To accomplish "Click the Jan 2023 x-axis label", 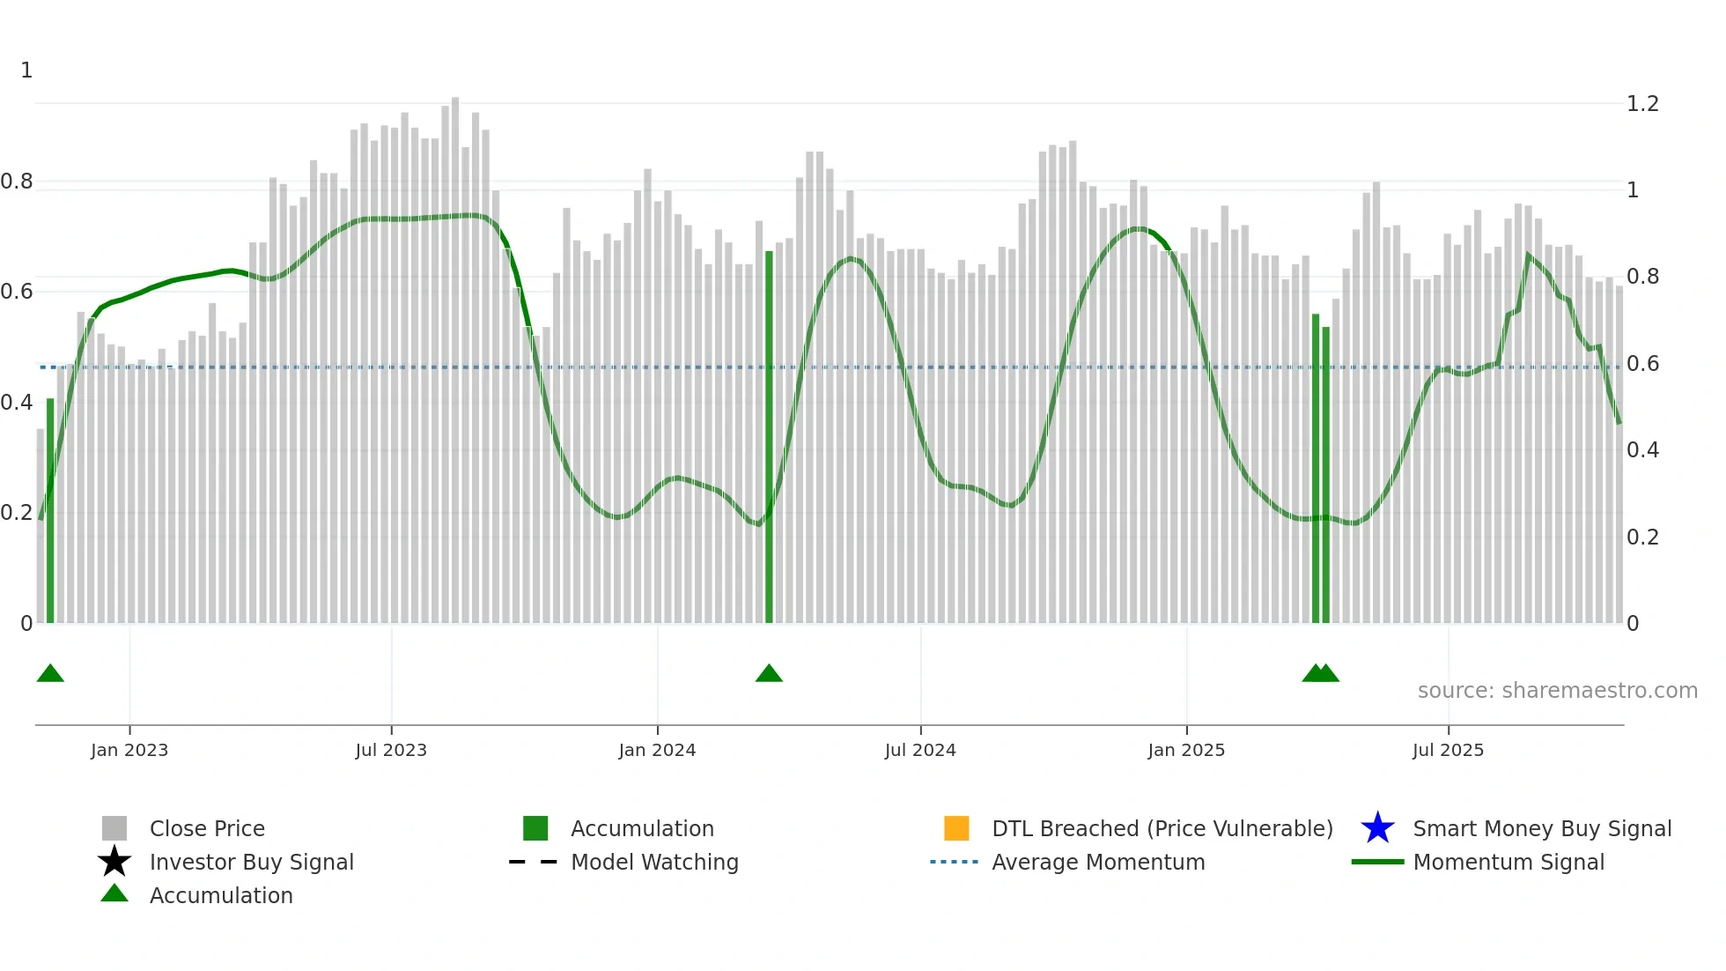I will pos(129,750).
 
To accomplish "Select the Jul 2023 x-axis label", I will pos(391,750).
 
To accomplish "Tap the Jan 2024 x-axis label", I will pos(657,750).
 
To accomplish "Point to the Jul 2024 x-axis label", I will pos(920,750).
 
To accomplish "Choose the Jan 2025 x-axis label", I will pos(1186,750).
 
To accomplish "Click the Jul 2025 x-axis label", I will pos(1448,750).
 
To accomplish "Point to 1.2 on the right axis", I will pos(1642,104).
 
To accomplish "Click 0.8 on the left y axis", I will pos(17,182).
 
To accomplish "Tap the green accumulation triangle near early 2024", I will pos(769,674).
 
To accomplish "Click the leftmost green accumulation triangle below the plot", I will pos(50,674).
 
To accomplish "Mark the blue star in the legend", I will pos(1377,828).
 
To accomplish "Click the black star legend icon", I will pos(114,862).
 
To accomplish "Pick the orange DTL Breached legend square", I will pos(956,828).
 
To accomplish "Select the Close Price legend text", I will pos(207,828).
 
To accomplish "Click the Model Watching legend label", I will pos(654,862).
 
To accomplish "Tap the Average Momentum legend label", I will pos(1098,862).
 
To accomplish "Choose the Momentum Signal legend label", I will pos(1508,862).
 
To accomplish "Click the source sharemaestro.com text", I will pos(1557,691).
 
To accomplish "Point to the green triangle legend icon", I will pos(114,894).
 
